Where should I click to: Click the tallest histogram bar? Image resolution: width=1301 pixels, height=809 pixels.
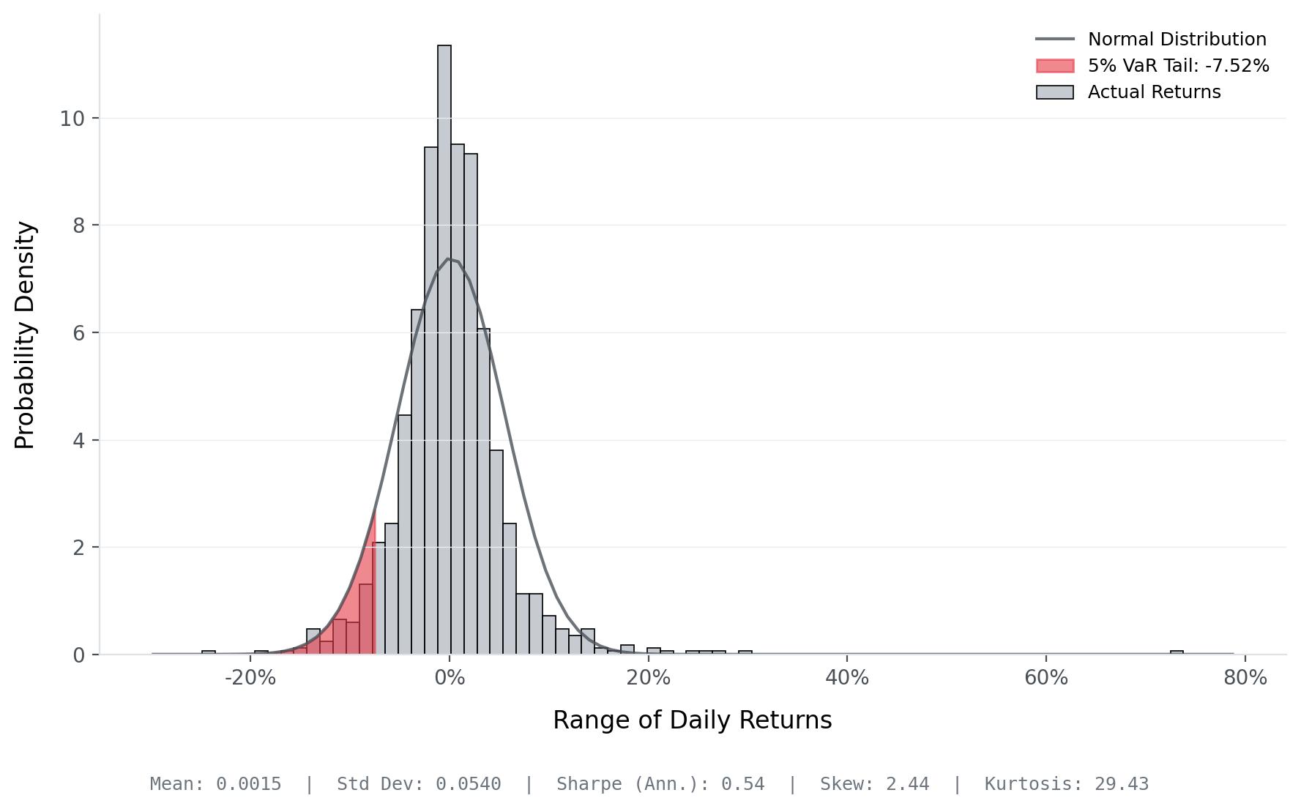[444, 351]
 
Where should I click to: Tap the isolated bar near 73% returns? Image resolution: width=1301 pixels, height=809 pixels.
[1177, 652]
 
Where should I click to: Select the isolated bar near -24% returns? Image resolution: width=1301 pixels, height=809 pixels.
[209, 652]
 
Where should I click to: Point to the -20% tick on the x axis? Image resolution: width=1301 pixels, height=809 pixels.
[250, 678]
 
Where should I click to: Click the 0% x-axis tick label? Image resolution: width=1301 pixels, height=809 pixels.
[450, 678]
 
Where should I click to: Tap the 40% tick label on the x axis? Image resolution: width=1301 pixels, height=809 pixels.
[847, 678]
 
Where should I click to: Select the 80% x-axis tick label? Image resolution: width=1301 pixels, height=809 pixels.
[1245, 678]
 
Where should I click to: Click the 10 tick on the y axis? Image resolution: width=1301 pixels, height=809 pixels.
[72, 119]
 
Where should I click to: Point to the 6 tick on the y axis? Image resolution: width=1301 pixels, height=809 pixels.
[79, 333]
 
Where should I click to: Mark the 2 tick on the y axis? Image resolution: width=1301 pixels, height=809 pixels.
[79, 548]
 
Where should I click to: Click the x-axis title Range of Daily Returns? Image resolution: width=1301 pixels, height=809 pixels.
[692, 720]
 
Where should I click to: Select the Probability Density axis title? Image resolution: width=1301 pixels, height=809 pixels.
[25, 335]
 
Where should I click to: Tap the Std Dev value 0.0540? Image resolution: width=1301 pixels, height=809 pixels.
[468, 784]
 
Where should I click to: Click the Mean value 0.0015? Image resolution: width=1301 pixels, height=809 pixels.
[248, 784]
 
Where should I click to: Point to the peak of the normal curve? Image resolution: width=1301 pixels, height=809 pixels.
[448, 258]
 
